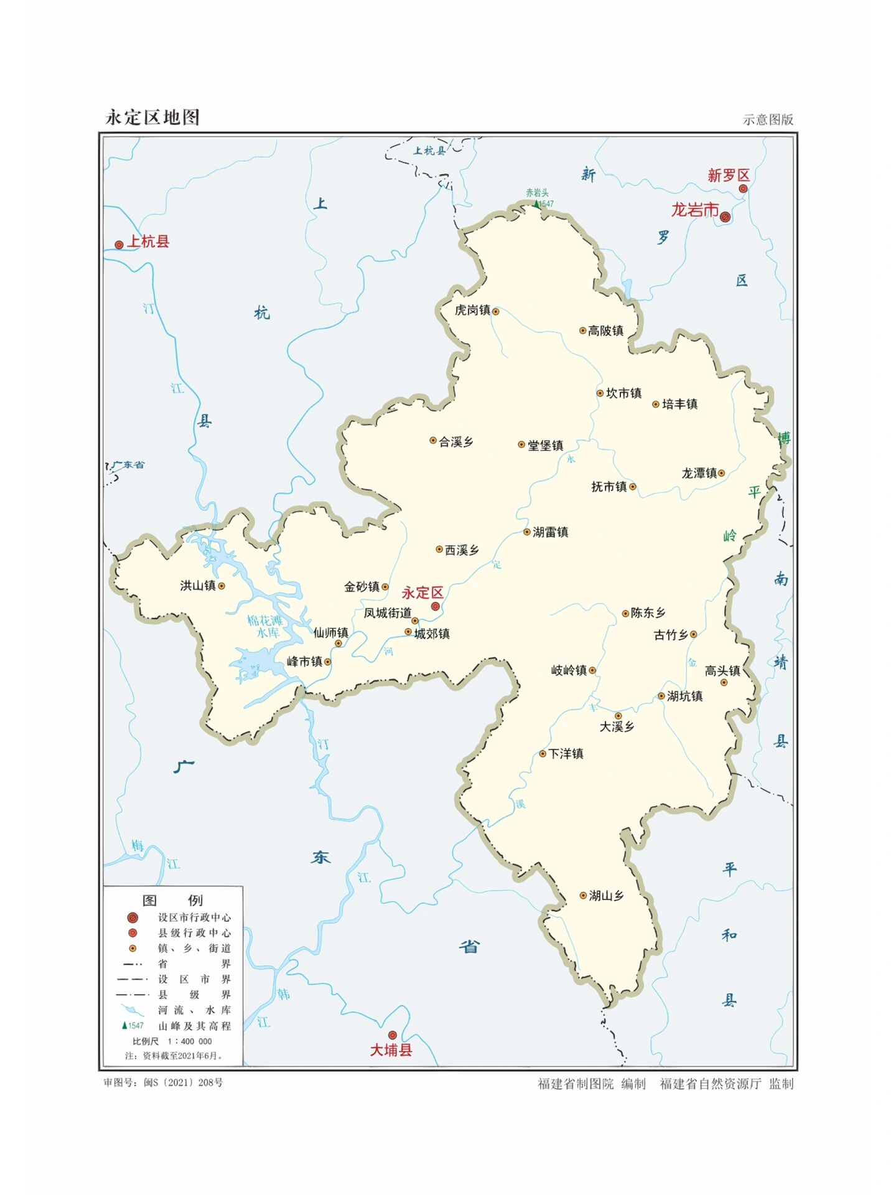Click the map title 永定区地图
click(152, 117)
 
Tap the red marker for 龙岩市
click(725, 217)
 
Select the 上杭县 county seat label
click(148, 241)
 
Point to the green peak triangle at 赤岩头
click(536, 204)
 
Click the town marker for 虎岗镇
click(496, 311)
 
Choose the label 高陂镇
click(605, 330)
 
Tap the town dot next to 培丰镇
click(655, 405)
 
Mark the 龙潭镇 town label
click(699, 473)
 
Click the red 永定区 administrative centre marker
click(436, 606)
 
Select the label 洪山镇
click(197, 585)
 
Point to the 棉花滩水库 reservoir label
click(266, 626)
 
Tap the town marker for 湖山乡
click(583, 896)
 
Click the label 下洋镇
click(566, 754)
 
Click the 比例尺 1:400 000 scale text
click(172, 1041)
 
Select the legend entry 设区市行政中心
click(194, 917)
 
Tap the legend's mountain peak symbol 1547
click(133, 1026)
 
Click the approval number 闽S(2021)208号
click(164, 1082)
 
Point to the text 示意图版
click(768, 119)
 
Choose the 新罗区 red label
click(728, 176)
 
